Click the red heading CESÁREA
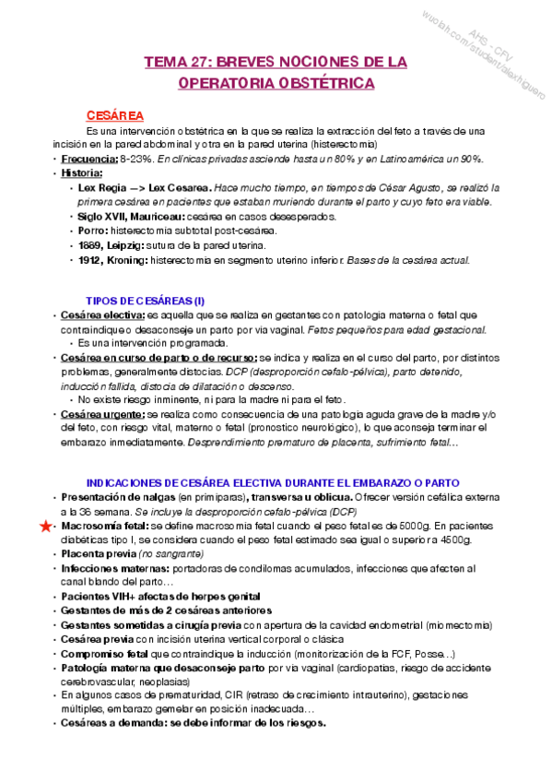[114, 115]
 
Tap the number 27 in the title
[198, 62]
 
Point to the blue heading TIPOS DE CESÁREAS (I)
[146, 301]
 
